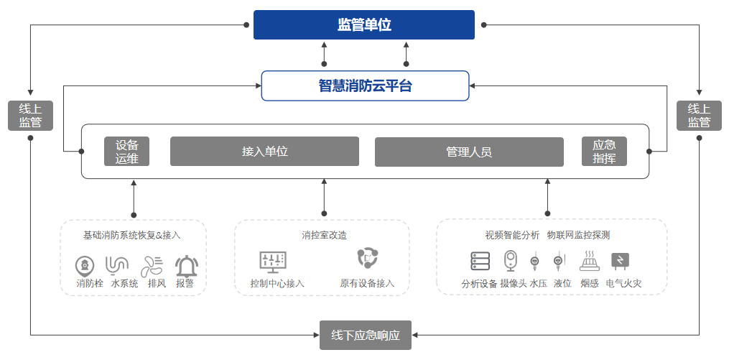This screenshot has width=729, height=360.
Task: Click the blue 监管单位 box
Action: [364, 25]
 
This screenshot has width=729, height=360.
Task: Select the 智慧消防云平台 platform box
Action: [365, 86]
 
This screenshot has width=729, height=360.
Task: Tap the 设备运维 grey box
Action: [127, 152]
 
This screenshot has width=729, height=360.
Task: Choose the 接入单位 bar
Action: [264, 152]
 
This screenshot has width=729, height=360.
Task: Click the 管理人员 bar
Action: [469, 152]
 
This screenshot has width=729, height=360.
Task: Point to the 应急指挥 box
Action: [604, 152]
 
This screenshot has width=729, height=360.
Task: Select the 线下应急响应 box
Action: [365, 335]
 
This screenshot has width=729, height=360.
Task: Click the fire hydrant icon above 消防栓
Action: [85, 265]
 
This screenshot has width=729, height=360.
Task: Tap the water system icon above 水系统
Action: [117, 265]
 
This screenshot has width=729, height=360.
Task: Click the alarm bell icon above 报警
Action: [187, 266]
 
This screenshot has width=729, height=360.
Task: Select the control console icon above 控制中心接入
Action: [273, 262]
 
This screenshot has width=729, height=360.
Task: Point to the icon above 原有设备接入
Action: [367, 259]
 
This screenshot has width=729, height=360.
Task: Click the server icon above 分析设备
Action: [480, 262]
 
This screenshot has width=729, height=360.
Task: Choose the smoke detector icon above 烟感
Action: [588, 260]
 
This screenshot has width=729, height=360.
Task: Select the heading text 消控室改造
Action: [324, 235]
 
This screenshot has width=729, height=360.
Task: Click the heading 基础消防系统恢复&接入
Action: [132, 235]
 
